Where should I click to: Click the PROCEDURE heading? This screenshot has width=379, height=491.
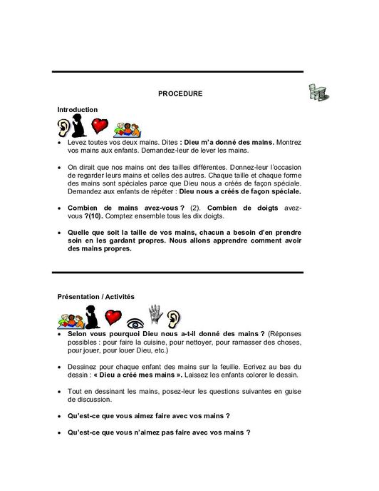[180, 93]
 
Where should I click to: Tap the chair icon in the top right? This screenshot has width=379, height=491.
[318, 92]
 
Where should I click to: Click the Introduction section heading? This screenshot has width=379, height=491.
[78, 109]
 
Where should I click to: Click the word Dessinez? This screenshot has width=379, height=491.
[83, 365]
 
